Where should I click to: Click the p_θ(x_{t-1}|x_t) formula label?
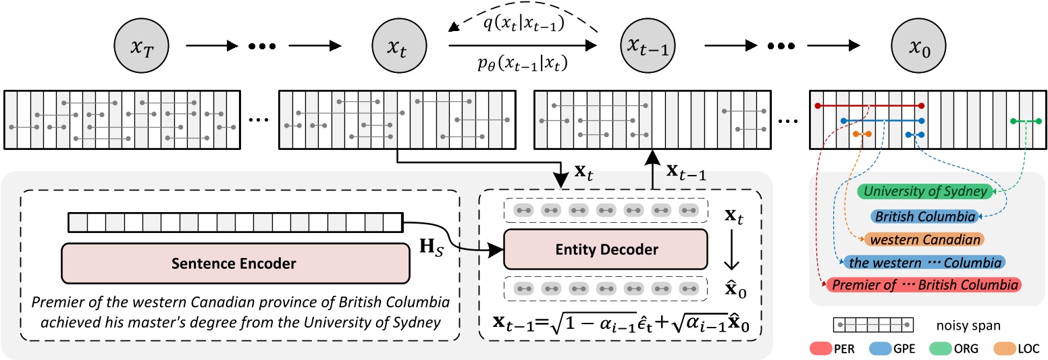(x=520, y=64)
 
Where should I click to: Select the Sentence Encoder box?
(x=236, y=263)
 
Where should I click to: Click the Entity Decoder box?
(x=605, y=249)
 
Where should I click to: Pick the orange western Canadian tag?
(x=924, y=239)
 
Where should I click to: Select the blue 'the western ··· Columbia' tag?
(x=924, y=262)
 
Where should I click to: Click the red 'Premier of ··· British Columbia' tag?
(x=924, y=285)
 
